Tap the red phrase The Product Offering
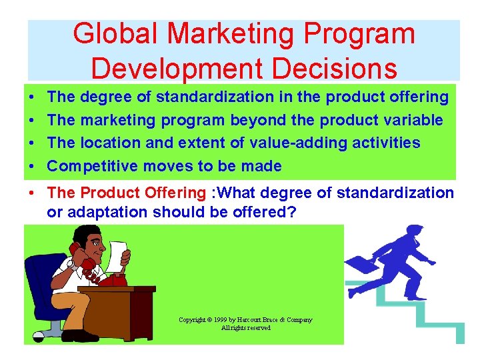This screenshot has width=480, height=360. (x=126, y=193)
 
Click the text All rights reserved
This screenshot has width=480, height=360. (x=246, y=328)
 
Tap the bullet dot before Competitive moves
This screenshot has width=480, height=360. (x=32, y=166)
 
